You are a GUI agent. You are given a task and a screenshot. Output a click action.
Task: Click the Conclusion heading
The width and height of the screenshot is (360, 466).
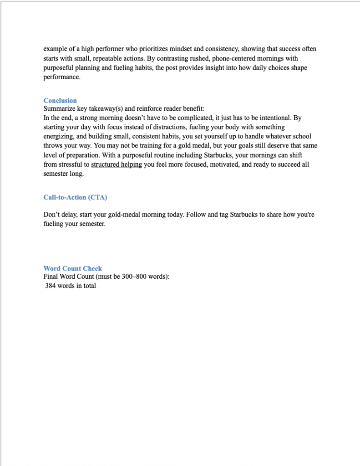(x=60, y=101)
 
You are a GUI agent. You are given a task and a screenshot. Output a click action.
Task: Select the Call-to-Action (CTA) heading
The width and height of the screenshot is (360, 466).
(x=75, y=197)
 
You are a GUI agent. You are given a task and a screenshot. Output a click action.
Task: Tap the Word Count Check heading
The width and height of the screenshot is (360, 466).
(x=73, y=268)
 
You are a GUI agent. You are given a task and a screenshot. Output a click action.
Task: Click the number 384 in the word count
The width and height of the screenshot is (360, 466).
(x=51, y=286)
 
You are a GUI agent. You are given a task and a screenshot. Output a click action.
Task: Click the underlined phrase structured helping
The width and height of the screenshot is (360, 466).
(x=117, y=165)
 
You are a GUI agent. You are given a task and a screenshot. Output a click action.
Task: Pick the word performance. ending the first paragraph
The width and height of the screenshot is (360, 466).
(x=61, y=77)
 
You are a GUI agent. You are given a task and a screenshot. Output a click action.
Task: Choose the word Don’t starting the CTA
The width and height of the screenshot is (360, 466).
(x=52, y=215)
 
